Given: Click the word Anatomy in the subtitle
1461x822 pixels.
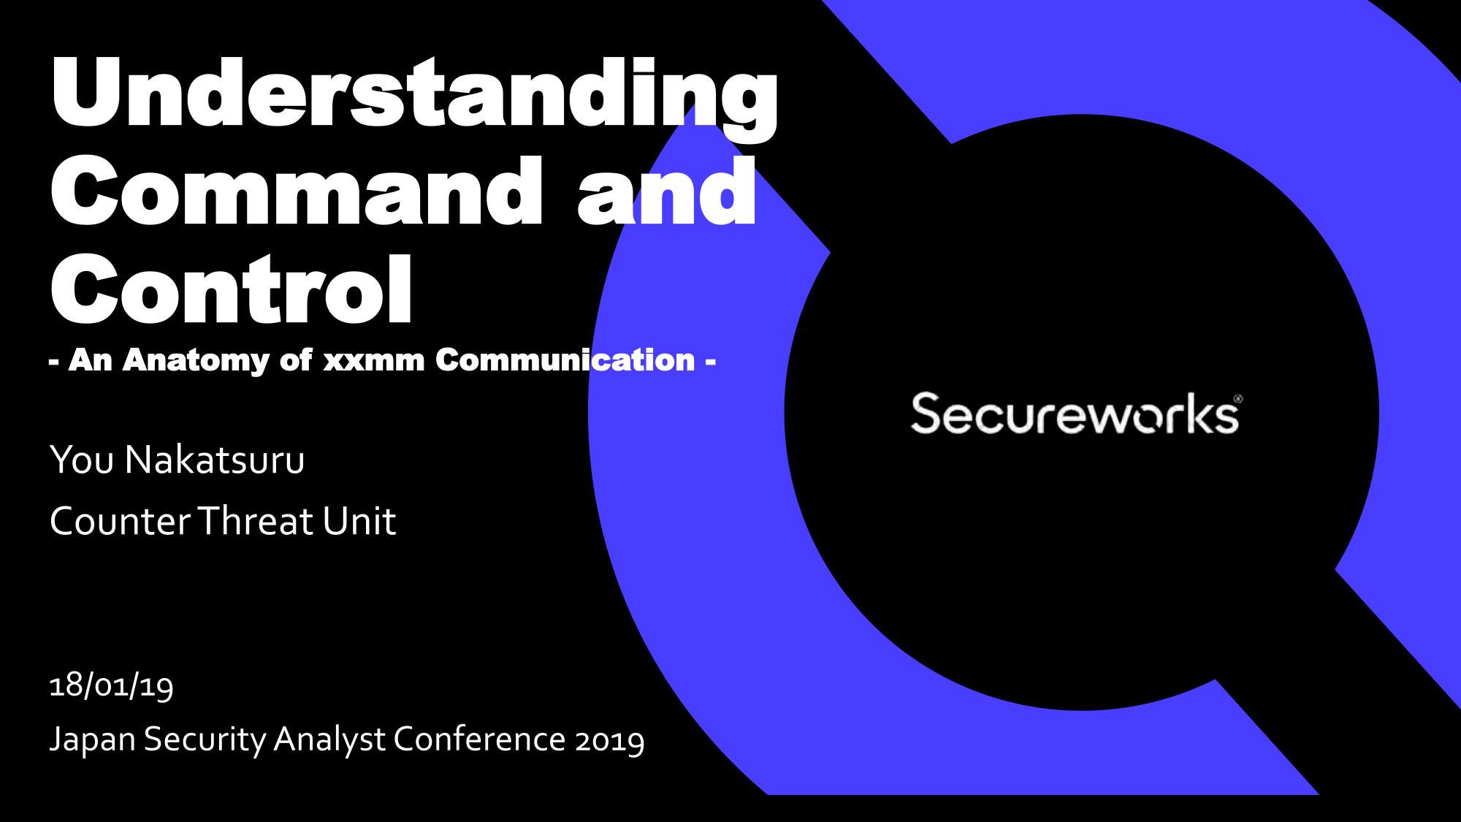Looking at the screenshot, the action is click(197, 360).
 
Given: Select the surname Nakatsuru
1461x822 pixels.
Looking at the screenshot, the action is click(215, 460).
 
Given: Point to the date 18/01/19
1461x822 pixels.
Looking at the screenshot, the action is click(111, 686).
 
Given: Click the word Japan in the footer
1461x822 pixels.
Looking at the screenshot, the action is click(93, 740).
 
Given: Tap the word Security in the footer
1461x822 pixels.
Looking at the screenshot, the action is click(205, 740).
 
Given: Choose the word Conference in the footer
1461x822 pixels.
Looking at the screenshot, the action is click(480, 739).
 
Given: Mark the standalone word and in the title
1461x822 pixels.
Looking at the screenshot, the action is click(666, 192).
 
